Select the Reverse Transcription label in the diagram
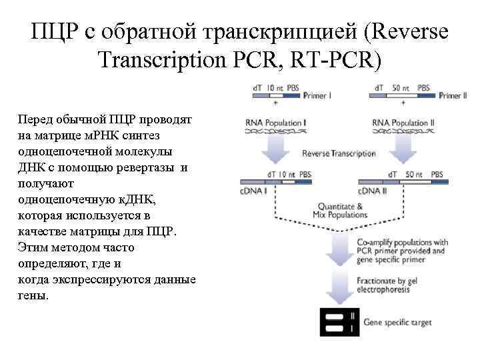coord(339,153)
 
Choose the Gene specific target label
coord(397,323)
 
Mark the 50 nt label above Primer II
coord(401,87)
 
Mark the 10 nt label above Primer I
coord(274,87)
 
